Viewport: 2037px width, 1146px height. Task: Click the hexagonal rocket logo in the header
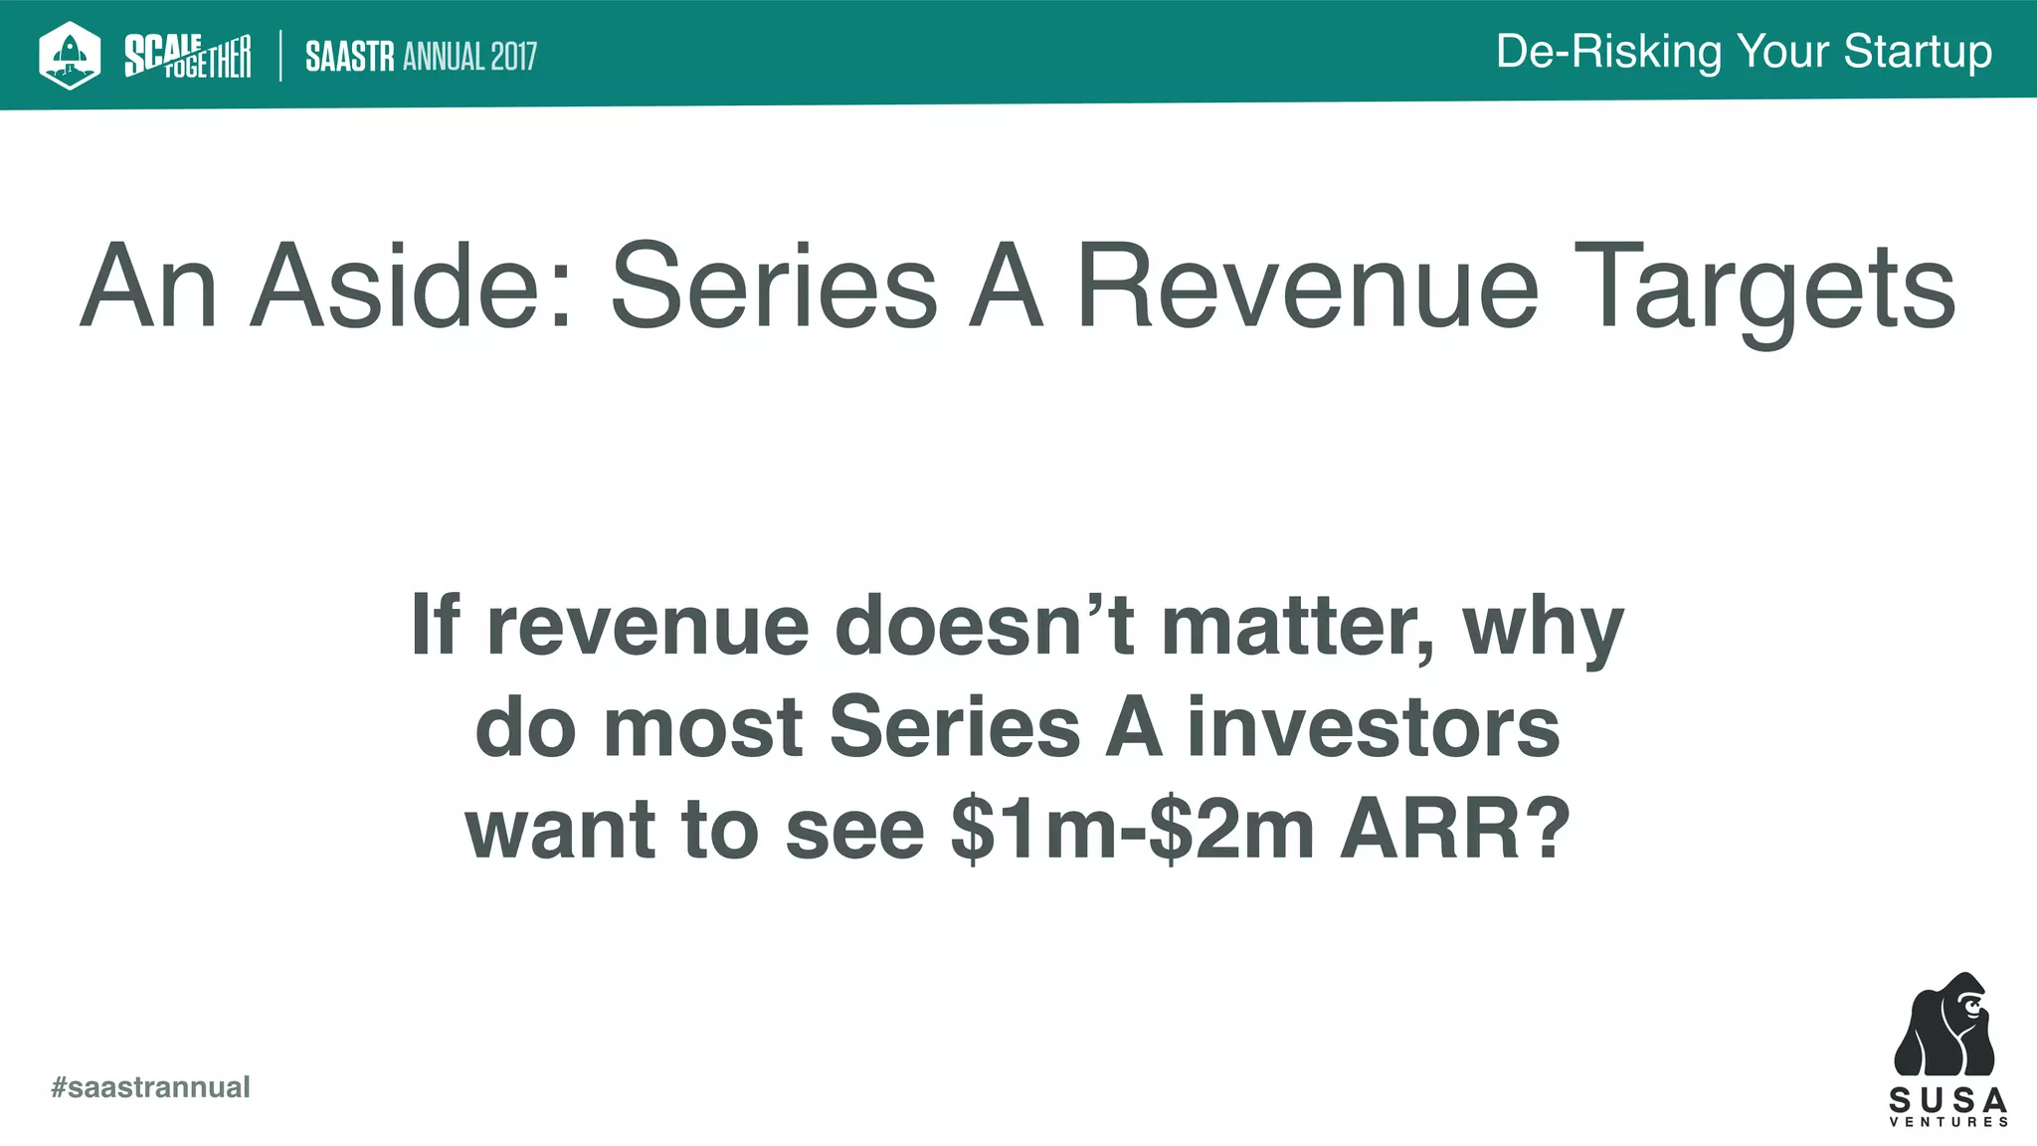tap(70, 55)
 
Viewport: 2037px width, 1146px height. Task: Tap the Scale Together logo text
tap(187, 56)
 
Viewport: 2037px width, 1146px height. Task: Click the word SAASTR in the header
tap(350, 57)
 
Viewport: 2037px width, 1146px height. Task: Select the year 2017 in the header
tap(512, 57)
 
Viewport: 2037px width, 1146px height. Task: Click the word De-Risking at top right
tap(1607, 52)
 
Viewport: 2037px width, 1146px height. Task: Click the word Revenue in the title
tap(1307, 286)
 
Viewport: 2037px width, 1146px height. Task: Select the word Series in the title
tap(774, 286)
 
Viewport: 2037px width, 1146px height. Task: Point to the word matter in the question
tap(1298, 626)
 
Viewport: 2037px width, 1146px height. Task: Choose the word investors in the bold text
tap(1373, 727)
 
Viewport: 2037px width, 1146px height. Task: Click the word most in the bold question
tap(702, 727)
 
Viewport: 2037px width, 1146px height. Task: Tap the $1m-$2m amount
tap(1132, 830)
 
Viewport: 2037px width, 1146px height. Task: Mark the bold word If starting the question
tap(435, 626)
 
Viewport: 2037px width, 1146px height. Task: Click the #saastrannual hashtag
tap(150, 1086)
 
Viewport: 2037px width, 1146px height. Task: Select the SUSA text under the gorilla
tap(1947, 1100)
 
